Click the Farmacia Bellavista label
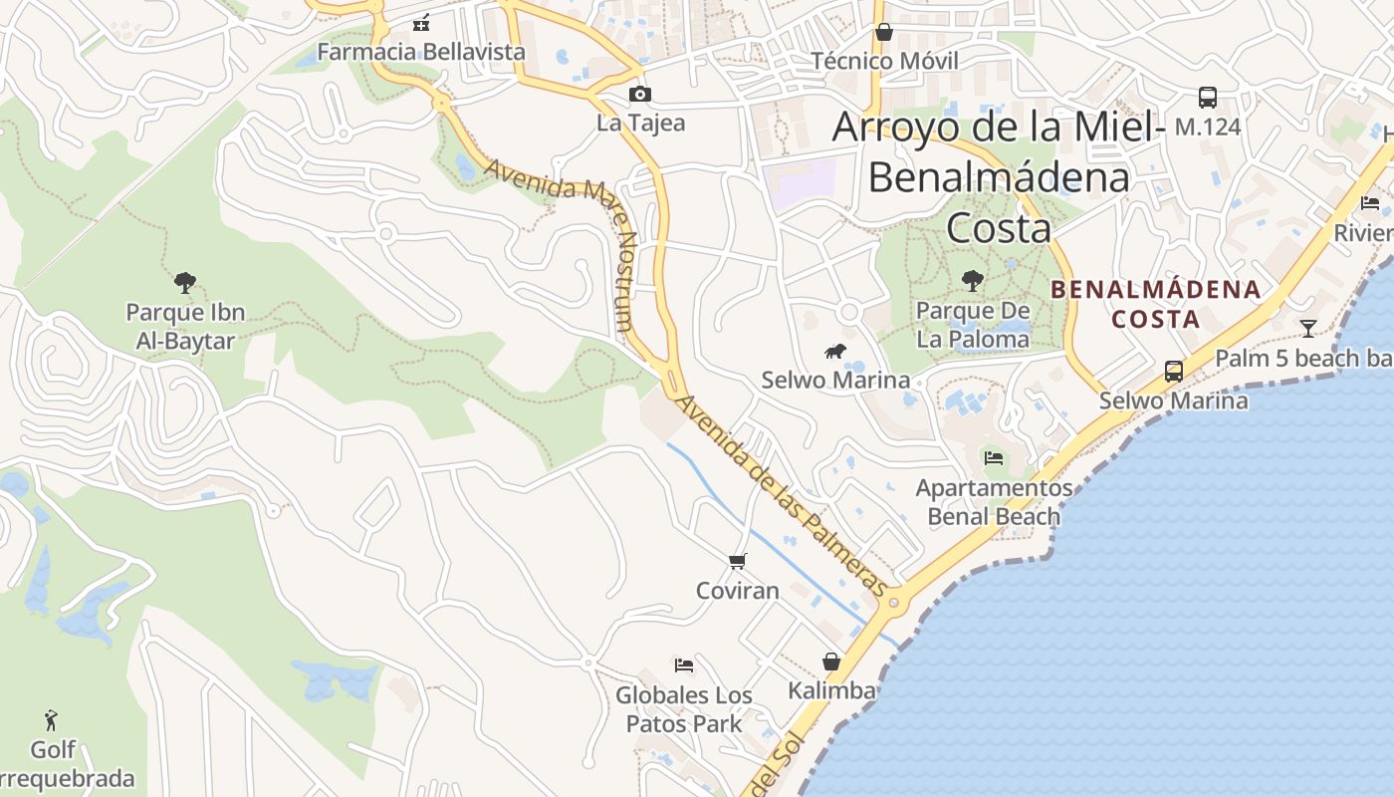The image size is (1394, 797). (x=420, y=51)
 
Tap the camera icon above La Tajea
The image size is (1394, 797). (x=640, y=95)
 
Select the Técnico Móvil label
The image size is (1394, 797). (x=884, y=61)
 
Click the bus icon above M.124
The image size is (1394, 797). (x=1208, y=98)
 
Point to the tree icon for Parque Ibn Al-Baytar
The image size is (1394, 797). (x=184, y=283)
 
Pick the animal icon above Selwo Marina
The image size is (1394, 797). (x=835, y=351)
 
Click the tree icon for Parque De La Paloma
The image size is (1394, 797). (x=973, y=281)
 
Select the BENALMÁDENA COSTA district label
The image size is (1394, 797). (x=1155, y=304)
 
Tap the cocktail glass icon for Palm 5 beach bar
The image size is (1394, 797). (x=1307, y=328)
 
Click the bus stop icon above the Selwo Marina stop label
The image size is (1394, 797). (x=1174, y=372)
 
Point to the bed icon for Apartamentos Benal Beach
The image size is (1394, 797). (x=993, y=458)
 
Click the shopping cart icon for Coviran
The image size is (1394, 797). (x=738, y=562)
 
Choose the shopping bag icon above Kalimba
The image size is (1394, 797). (x=830, y=662)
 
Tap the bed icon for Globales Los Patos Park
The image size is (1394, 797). (x=683, y=665)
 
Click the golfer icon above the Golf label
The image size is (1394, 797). (x=52, y=719)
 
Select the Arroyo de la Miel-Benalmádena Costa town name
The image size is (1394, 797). (x=999, y=177)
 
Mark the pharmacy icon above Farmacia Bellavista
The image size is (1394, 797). (x=421, y=22)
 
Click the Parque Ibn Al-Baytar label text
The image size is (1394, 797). (x=185, y=327)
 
